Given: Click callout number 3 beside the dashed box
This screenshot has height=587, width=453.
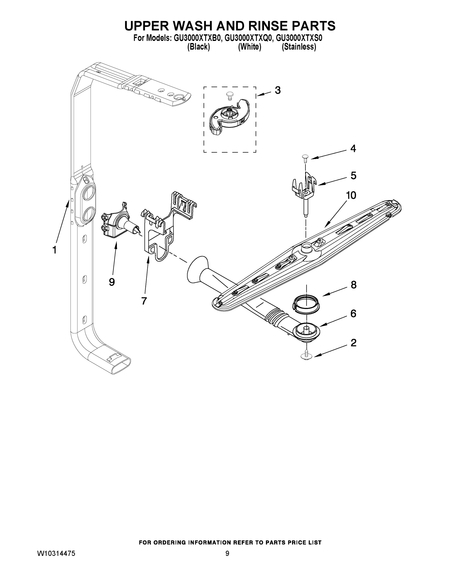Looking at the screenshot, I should click(x=278, y=90).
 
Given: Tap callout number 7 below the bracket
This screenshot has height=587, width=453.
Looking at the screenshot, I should click(x=144, y=301).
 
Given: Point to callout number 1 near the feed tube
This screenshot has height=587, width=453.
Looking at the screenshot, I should click(x=54, y=250).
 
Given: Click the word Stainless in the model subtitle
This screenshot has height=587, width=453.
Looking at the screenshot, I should click(x=299, y=47).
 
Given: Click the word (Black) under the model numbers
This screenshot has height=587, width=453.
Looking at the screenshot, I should click(x=198, y=47).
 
